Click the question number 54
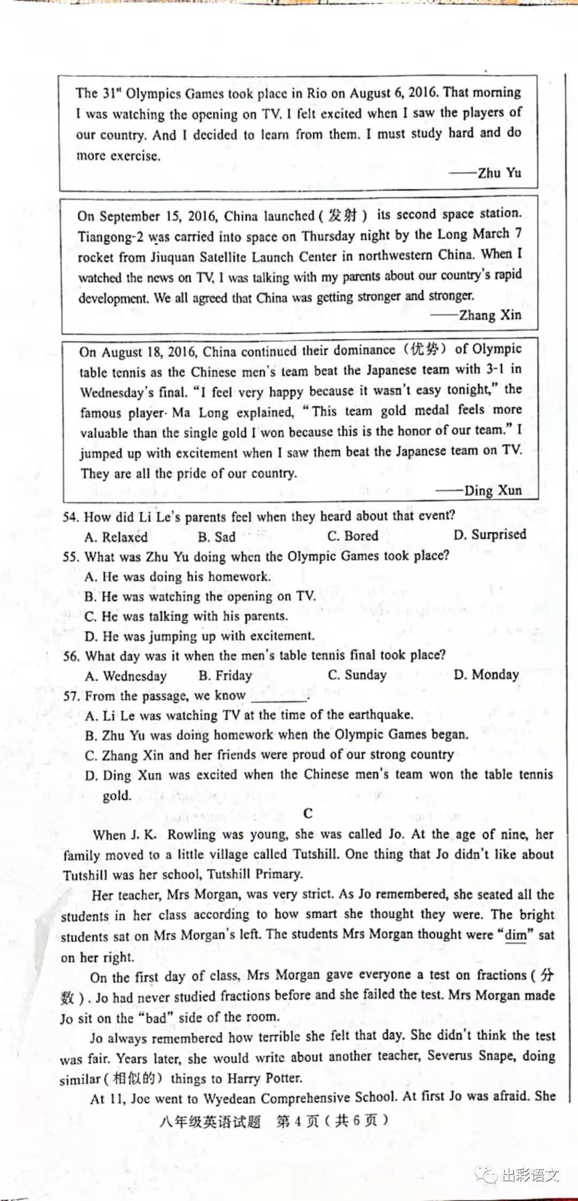click(71, 517)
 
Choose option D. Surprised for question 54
click(490, 535)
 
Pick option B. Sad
click(216, 537)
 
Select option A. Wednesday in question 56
click(126, 676)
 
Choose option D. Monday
click(486, 674)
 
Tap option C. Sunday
click(357, 675)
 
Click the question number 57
click(71, 696)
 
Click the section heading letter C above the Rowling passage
click(308, 814)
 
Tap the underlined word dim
click(516, 935)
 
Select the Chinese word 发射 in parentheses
click(343, 216)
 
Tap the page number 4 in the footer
click(299, 1121)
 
